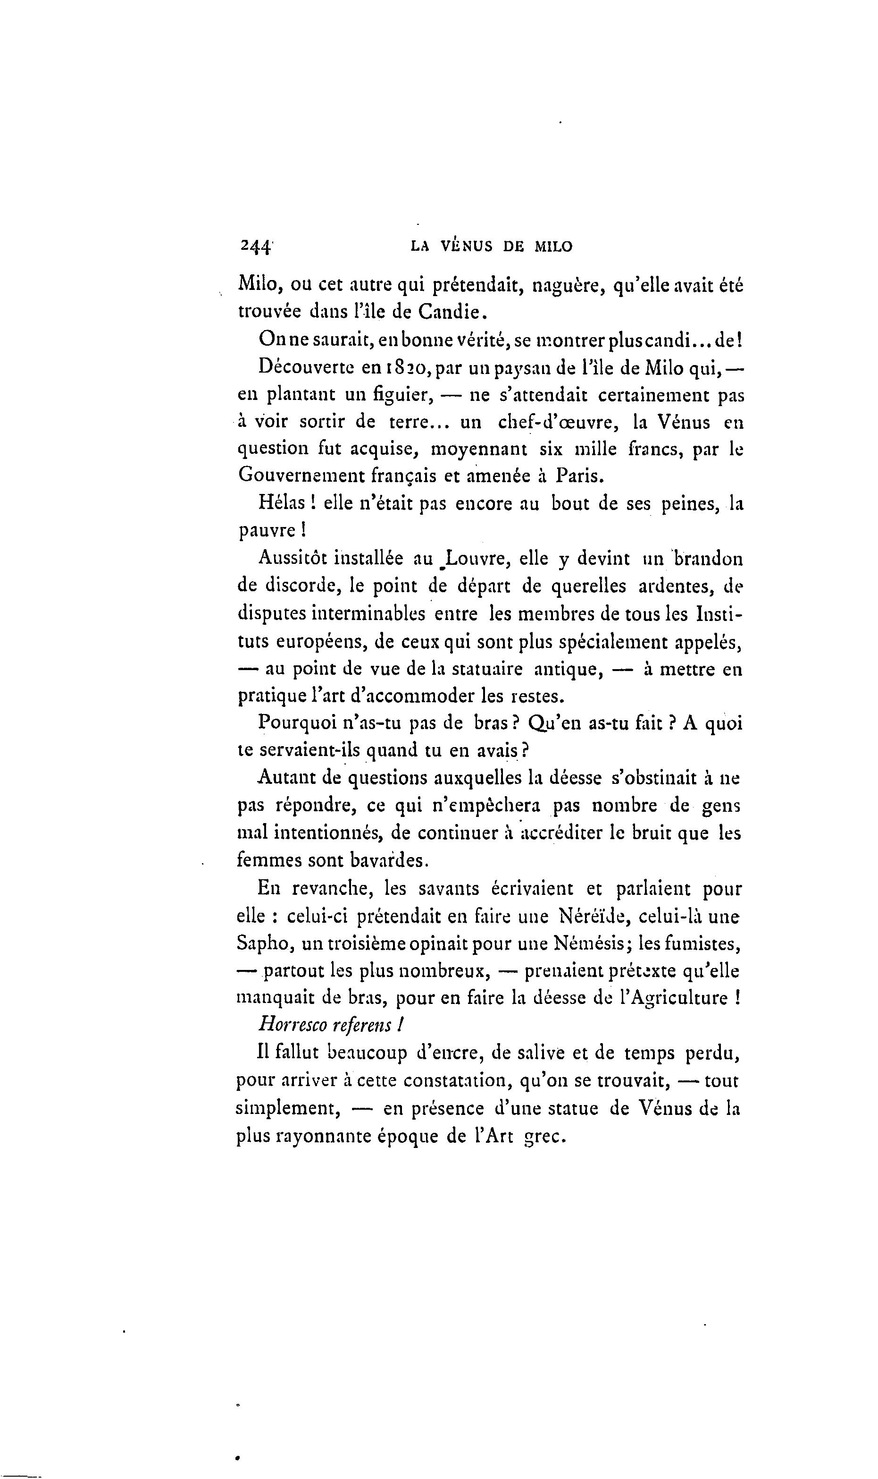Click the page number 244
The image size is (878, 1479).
coord(255,246)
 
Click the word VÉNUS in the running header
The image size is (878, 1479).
coord(468,247)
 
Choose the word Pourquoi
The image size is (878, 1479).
coord(300,723)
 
